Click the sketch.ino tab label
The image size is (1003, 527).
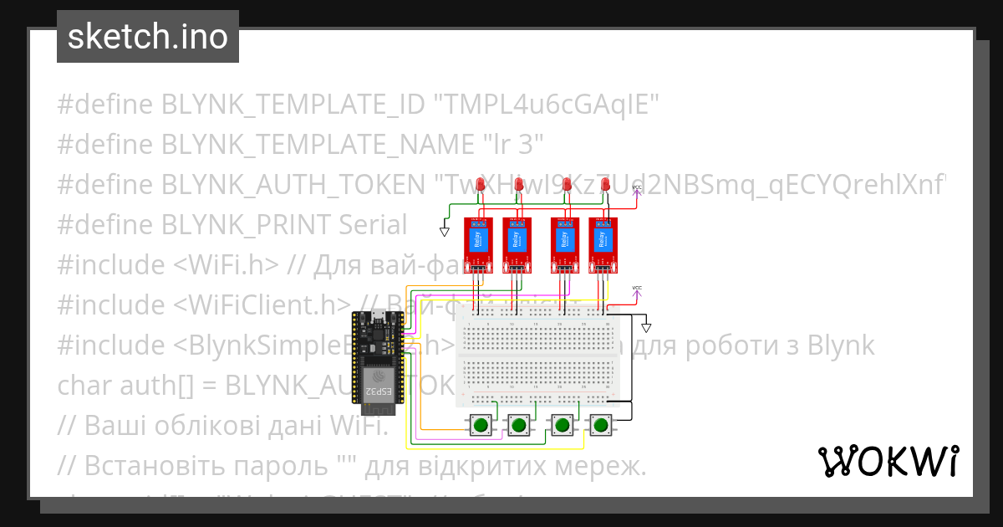(x=148, y=37)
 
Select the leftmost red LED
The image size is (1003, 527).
(x=480, y=186)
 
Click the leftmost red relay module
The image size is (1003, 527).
(x=479, y=243)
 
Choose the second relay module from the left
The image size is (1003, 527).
(x=517, y=243)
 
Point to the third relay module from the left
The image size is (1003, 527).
(x=565, y=243)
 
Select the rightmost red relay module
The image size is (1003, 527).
(x=603, y=243)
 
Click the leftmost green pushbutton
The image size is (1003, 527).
(x=480, y=425)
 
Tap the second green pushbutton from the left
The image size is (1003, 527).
(x=519, y=425)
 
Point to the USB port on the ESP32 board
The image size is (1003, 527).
(x=378, y=315)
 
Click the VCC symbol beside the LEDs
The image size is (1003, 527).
(x=637, y=187)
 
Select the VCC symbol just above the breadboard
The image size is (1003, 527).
(x=637, y=289)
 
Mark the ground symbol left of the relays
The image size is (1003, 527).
(x=445, y=231)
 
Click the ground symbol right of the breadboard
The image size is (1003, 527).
(x=646, y=328)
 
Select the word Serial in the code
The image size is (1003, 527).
(x=373, y=224)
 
